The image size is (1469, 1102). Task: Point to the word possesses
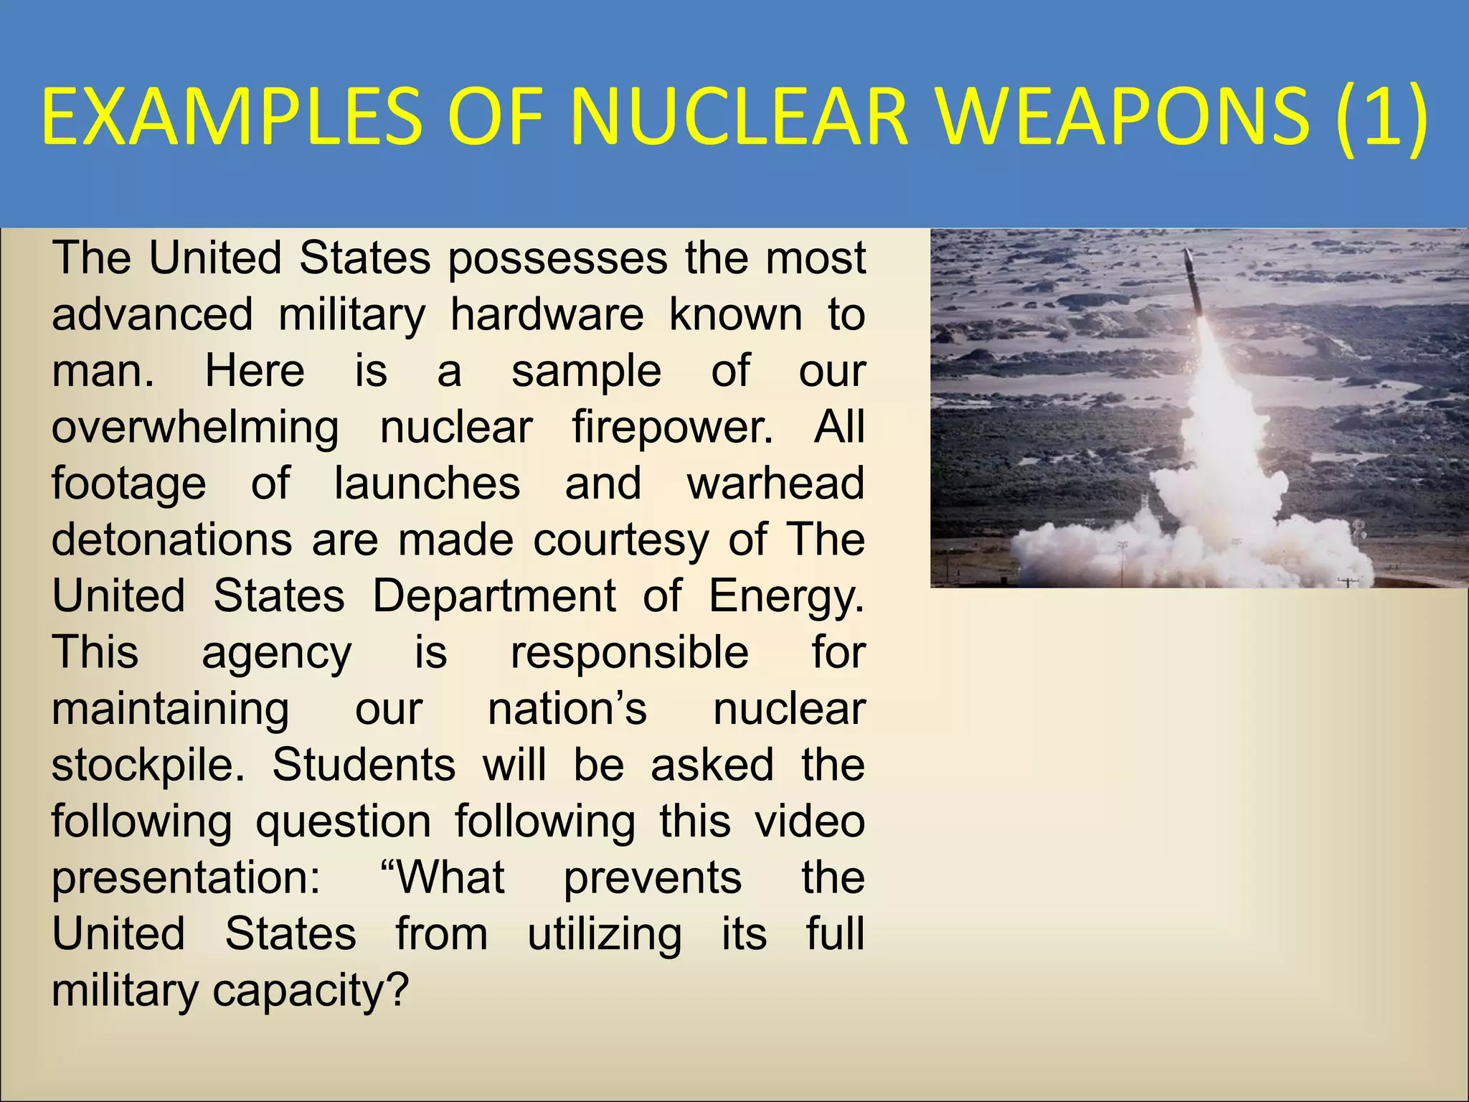[558, 259]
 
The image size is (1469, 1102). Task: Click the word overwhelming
[195, 428]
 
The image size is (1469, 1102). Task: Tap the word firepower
[673, 428]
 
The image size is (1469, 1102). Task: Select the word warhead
[775, 484]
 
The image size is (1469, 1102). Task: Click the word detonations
[172, 540]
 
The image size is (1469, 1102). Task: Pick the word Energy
[786, 597]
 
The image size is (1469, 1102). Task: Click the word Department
[494, 595]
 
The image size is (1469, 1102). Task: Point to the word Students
[364, 765]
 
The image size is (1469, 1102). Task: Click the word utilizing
[605, 935]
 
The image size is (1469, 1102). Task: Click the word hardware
[547, 315]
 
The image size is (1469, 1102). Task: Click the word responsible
[630, 653]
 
